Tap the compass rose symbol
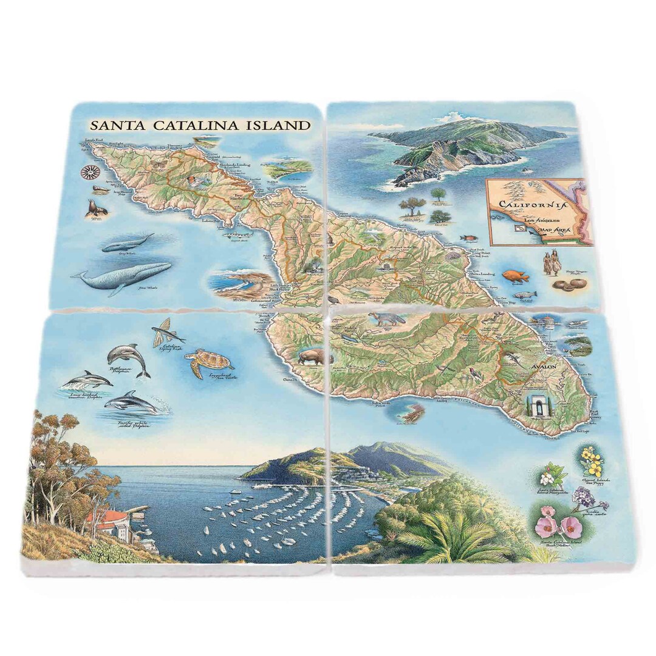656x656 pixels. coord(90,172)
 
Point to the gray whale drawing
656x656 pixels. coord(127,243)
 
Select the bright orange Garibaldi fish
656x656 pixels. coord(515,276)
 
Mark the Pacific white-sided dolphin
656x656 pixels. coord(130,403)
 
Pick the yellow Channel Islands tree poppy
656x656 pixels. coord(590,461)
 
